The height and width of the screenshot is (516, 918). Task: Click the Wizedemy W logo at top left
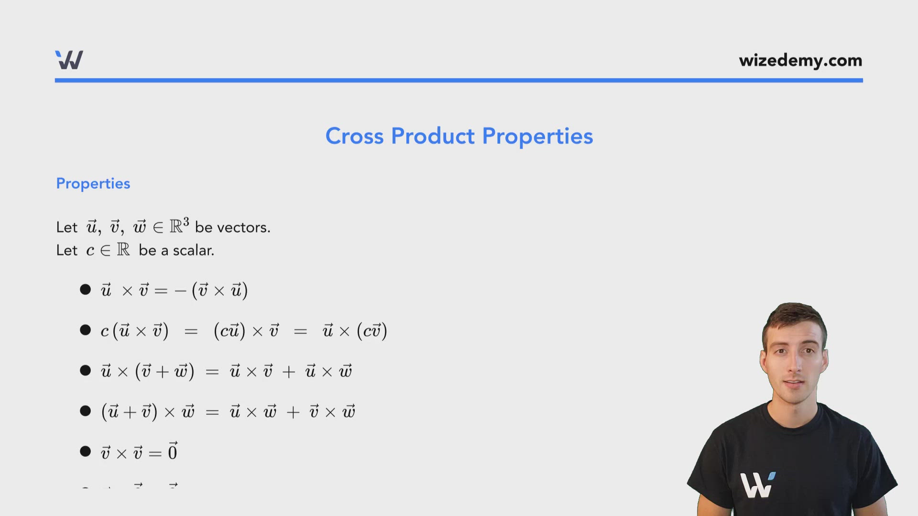coord(69,60)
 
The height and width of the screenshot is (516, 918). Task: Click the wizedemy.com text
coord(800,61)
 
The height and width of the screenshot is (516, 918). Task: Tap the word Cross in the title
coord(354,136)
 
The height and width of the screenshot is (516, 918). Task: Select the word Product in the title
coord(433,136)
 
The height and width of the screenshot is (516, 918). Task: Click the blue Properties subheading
coord(93,183)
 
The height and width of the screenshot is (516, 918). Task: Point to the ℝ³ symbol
coord(179,225)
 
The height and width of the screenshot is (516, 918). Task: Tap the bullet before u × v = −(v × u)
coord(86,290)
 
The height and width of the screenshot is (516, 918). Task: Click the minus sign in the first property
coord(180,290)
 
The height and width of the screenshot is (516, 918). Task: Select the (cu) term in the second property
coord(229,331)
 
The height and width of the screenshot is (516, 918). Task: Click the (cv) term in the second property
coord(372,331)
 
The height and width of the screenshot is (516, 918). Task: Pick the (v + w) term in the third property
coord(165,371)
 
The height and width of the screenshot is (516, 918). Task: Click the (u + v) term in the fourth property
coord(129,411)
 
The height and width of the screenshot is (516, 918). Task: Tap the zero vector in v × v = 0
coord(173,451)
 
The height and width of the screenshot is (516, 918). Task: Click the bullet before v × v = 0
coord(86,451)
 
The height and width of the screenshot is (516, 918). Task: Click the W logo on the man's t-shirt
coord(757,484)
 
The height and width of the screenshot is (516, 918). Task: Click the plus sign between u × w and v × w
coord(293,412)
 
